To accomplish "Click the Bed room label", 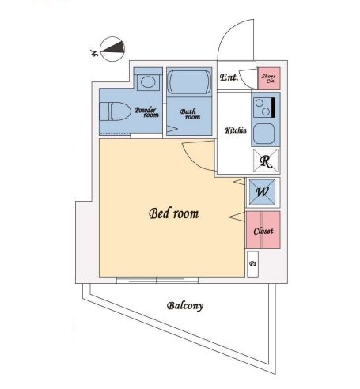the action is click(174, 213).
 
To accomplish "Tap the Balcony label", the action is click(185, 306).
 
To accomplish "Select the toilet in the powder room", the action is click(115, 111).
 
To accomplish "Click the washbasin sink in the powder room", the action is click(148, 82).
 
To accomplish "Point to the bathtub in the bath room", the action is click(189, 82).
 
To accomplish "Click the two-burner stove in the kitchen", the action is click(264, 108).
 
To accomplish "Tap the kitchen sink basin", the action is click(264, 134).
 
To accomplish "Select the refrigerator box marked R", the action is click(266, 161).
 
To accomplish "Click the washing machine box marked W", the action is click(262, 192).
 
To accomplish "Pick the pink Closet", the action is click(263, 230).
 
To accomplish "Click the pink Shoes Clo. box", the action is click(269, 78).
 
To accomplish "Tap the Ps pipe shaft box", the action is click(252, 264).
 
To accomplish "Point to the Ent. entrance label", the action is click(229, 77).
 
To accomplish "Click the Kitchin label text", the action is click(236, 130).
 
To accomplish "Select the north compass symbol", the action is click(112, 49).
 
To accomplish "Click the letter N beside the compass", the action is click(94, 53).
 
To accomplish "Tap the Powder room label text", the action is click(146, 112).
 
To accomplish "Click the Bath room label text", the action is click(190, 114).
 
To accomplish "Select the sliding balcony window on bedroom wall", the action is click(157, 280).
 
